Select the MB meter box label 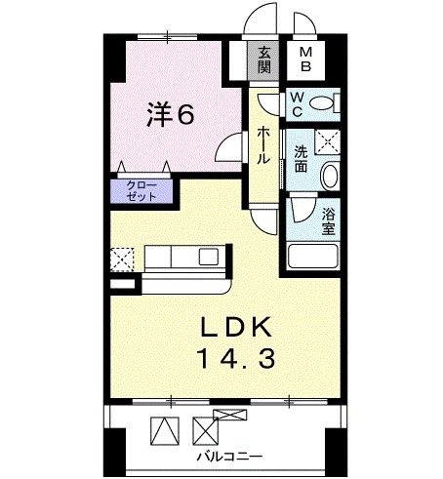click(305, 60)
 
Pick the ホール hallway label click(263, 144)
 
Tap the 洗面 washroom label click(302, 159)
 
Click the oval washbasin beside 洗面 click(329, 177)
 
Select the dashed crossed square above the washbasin click(331, 142)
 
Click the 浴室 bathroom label click(329, 220)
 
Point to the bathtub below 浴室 click(312, 258)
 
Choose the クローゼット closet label click(142, 190)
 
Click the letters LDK click(240, 325)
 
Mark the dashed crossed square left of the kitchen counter click(122, 259)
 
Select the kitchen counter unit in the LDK click(185, 261)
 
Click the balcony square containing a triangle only click(163, 429)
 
